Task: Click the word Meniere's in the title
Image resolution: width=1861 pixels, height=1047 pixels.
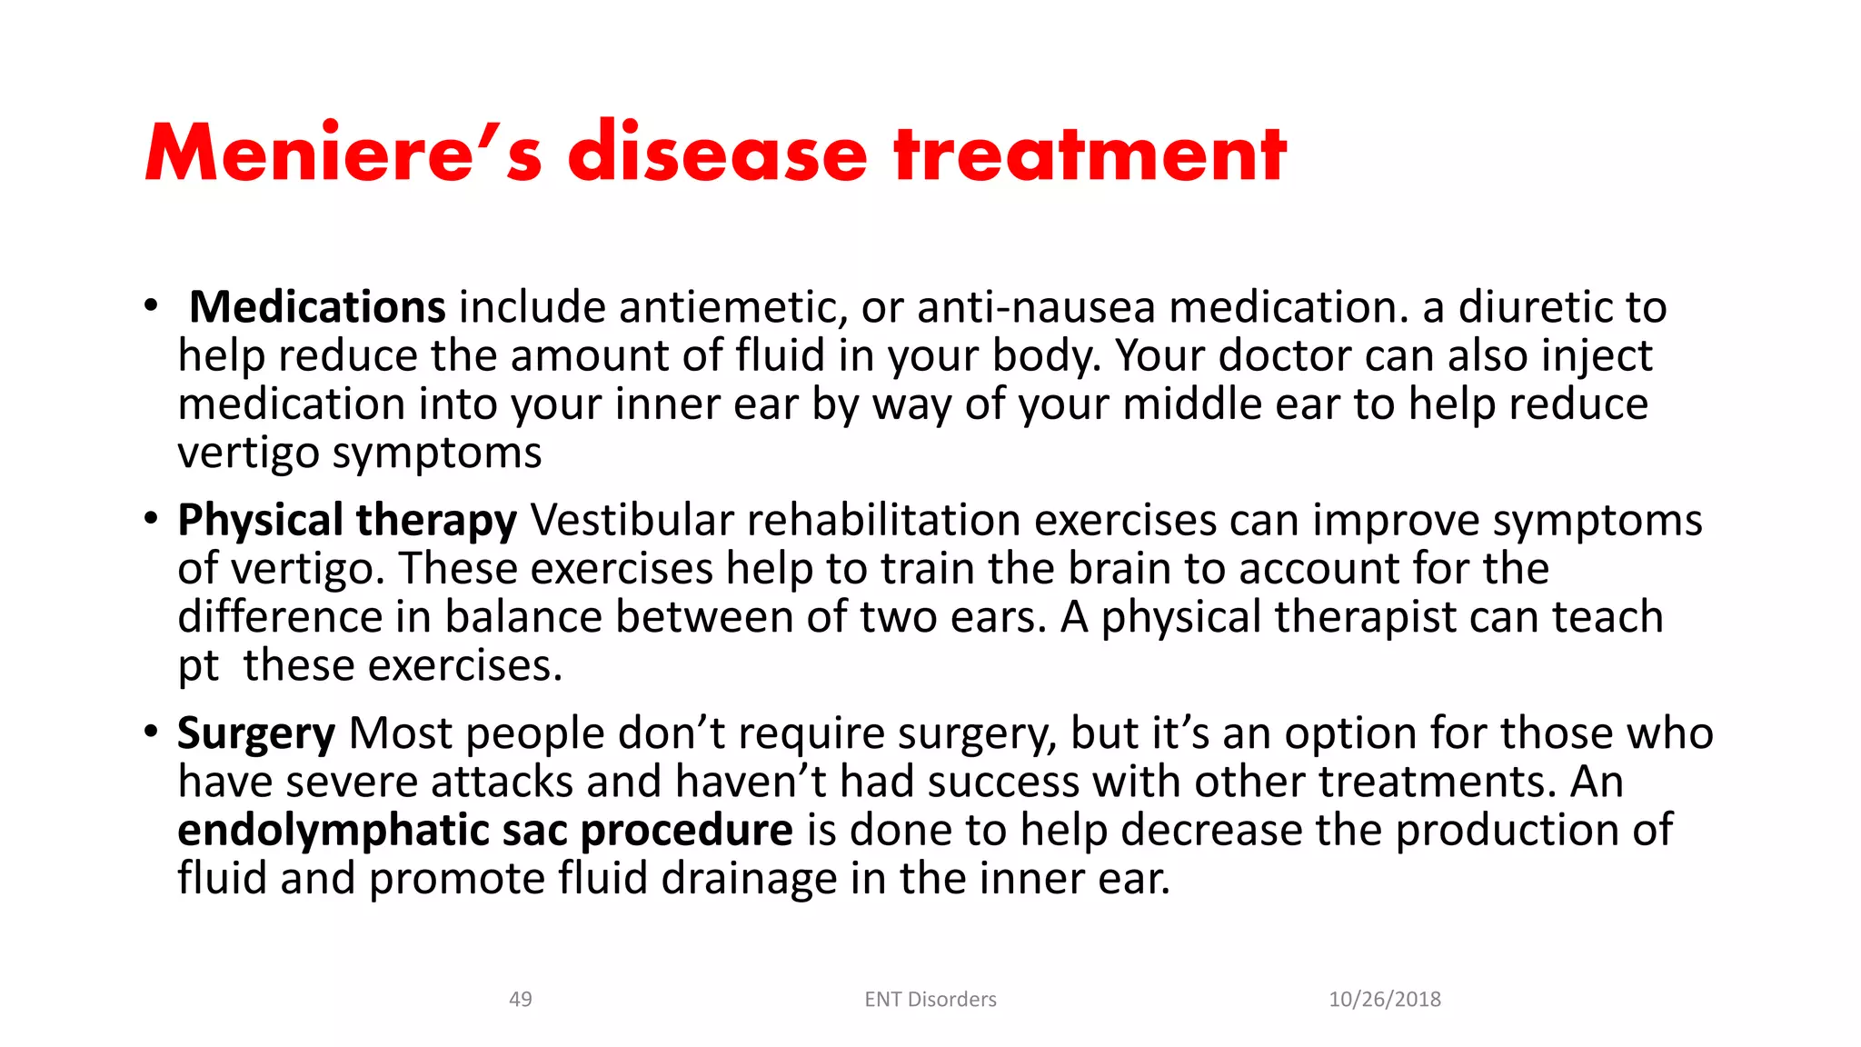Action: [x=343, y=153]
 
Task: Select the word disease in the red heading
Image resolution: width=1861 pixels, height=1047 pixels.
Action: [x=718, y=153]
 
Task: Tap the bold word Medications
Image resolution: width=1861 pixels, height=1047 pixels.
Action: [x=317, y=307]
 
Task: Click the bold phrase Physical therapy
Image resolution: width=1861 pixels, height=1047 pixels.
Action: [x=347, y=521]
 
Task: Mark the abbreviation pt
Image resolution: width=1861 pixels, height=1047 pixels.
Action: [x=198, y=667]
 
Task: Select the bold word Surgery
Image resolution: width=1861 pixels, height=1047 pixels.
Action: [x=256, y=734]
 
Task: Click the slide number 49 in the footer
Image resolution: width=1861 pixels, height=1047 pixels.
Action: [x=521, y=1000]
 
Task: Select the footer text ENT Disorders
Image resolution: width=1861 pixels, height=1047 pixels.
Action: [x=930, y=1000]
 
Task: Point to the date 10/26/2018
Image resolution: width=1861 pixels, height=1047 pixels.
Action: [x=1385, y=1000]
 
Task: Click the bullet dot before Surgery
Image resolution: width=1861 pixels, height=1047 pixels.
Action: [x=151, y=732]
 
